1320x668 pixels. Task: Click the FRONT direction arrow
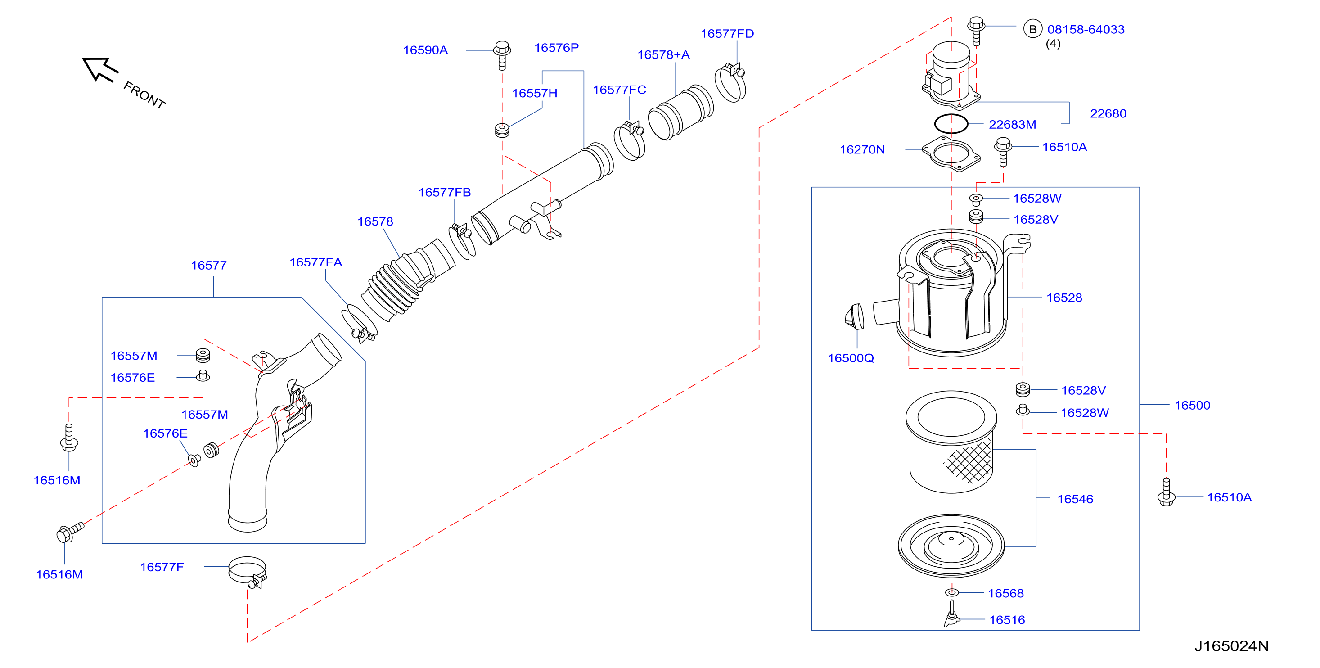tap(100, 70)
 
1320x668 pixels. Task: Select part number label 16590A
tap(425, 50)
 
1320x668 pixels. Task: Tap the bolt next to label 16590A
tap(502, 55)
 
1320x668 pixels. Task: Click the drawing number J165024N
tap(1231, 646)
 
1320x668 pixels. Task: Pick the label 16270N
tap(862, 150)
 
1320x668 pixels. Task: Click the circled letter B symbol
tap(1032, 29)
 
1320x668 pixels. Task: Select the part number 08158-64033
tap(1086, 30)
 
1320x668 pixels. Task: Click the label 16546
tap(1075, 499)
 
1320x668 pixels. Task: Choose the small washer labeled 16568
tap(951, 593)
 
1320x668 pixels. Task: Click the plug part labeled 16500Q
tap(854, 317)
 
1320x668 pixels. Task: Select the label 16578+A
tap(663, 55)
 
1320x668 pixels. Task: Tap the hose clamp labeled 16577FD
tap(731, 82)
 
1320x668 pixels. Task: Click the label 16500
tap(1192, 406)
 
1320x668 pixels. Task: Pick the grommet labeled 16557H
tap(502, 130)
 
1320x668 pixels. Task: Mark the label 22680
tap(1108, 114)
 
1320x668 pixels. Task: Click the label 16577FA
tap(315, 262)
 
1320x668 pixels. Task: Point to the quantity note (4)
tap(1053, 44)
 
